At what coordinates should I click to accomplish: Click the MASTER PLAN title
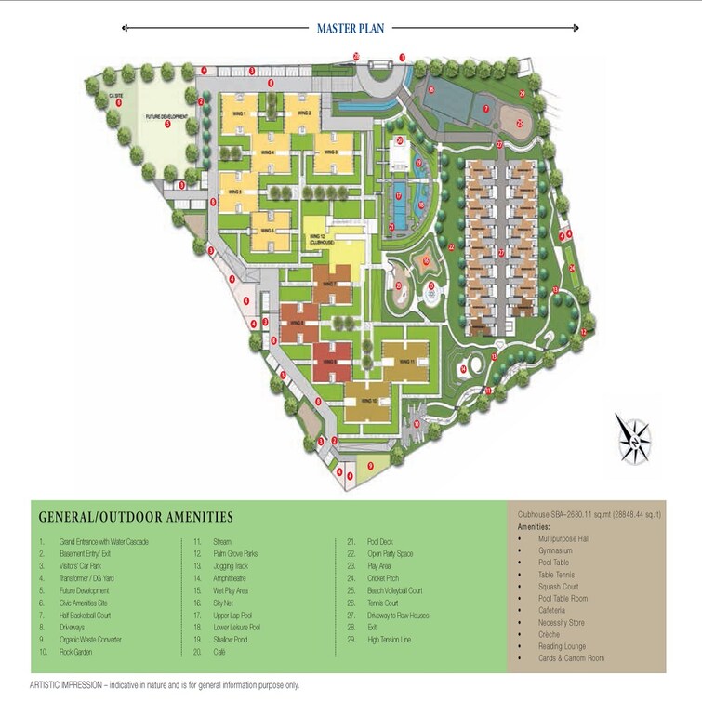coord(351,29)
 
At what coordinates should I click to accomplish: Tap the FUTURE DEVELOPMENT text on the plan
coord(166,116)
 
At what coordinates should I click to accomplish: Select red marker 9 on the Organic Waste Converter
coord(370,465)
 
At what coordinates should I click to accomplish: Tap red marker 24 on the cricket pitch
coord(573,269)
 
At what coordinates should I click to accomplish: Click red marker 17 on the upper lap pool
coord(399,196)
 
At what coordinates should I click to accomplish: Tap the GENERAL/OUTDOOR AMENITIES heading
coord(136,516)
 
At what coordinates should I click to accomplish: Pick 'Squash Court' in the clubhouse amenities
coord(558,587)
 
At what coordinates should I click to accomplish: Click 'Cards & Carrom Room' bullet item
coord(571,658)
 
